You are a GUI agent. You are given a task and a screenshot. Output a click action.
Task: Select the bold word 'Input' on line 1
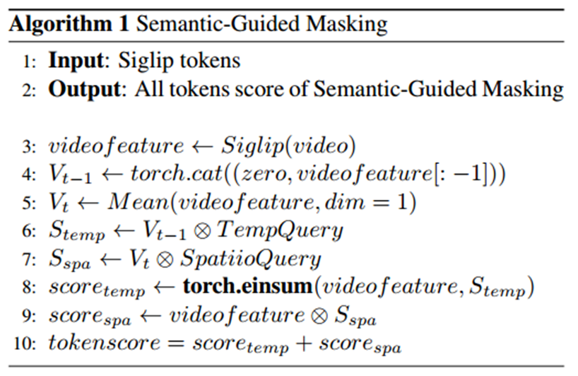point(74,61)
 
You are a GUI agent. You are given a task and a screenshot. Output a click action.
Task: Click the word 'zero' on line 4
point(252,175)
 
